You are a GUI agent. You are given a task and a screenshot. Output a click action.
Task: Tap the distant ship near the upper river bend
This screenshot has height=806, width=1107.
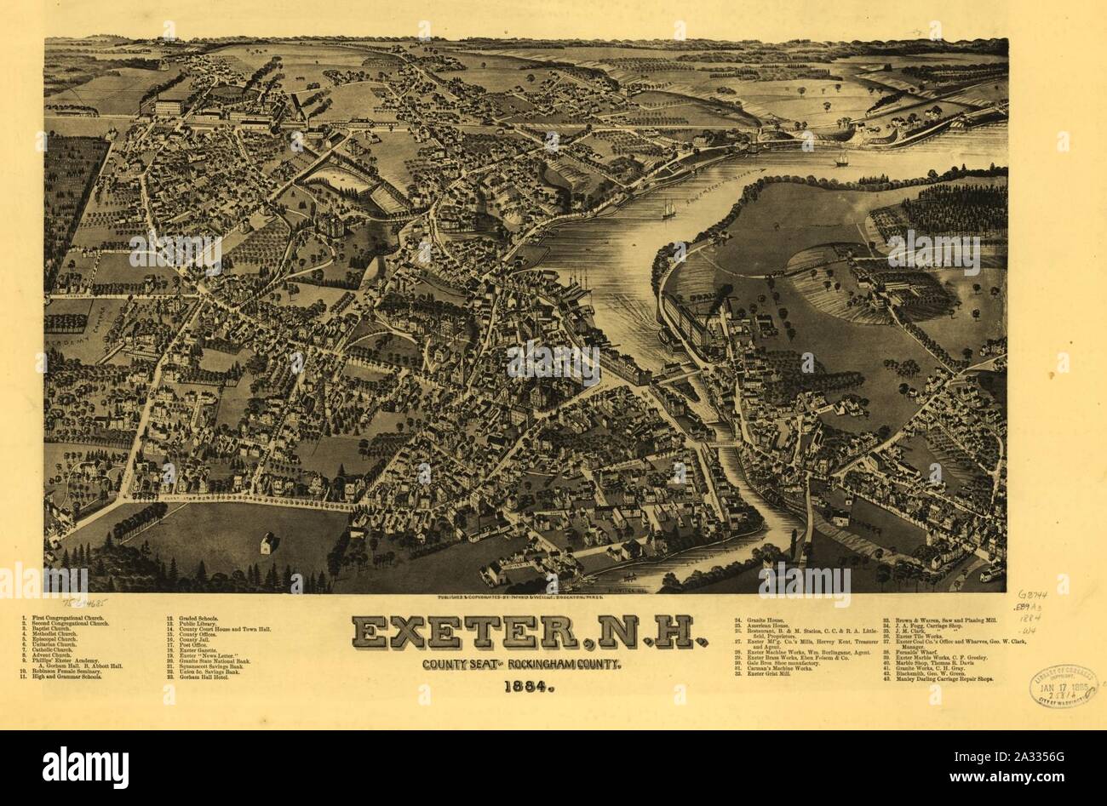click(840, 159)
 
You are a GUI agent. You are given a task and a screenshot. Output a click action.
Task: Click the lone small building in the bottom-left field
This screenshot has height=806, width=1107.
click(268, 541)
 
